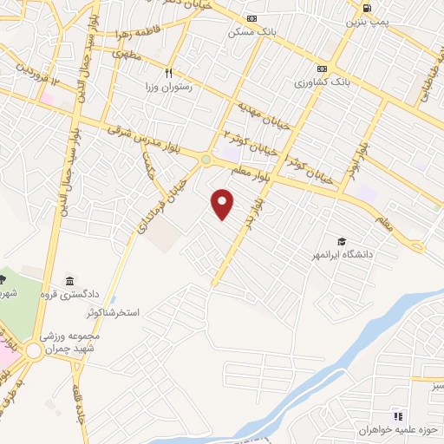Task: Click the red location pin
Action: tap(223, 204)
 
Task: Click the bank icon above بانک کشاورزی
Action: tap(323, 69)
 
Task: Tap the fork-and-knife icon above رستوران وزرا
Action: tap(169, 73)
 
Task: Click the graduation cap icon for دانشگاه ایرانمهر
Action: tap(343, 241)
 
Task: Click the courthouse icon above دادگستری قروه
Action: tap(69, 281)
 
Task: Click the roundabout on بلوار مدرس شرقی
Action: tap(206, 159)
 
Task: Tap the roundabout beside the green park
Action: tap(34, 350)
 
